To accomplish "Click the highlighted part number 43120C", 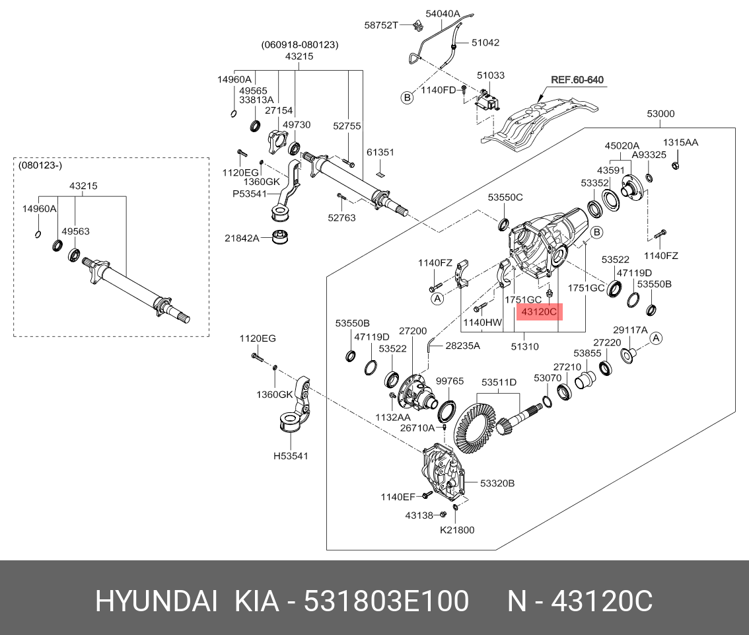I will pos(539,311).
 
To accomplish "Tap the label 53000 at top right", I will pos(660,114).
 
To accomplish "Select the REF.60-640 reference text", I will pos(577,80).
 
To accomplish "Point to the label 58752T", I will pos(381,25).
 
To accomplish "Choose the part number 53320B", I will pos(497,484).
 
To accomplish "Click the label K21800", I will pos(457,529).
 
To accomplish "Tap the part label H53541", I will pos(291,455).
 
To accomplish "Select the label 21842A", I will pos(242,238).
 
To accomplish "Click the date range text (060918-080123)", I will pos(300,45).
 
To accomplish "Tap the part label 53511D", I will pos(499,382).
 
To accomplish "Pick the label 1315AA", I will pos(680,142).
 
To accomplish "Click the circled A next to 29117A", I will pos(656,338).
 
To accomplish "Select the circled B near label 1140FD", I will pos(408,98).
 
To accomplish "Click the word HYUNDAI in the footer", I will pos(157,602).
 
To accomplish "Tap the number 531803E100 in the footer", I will pos(386,602).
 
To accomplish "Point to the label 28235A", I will pos(462,345).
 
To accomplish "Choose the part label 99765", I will pos(450,381).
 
